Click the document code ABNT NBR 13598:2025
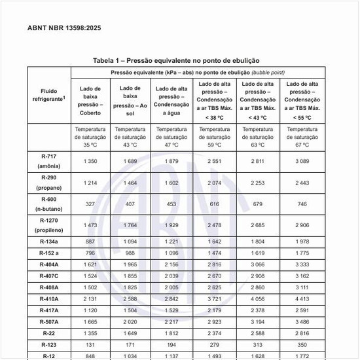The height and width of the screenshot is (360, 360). coord(64,28)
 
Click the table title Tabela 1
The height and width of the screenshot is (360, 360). coord(176,60)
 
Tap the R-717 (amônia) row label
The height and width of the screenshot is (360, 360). coord(49,161)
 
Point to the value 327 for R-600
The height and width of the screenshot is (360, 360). coord(90,204)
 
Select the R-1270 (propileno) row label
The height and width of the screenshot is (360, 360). coord(49,225)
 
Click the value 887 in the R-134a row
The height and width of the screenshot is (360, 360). coord(90,242)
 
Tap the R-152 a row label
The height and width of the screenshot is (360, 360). coord(49,253)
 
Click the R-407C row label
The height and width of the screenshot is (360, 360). coord(49,276)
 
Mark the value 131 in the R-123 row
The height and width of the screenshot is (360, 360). coord(90,344)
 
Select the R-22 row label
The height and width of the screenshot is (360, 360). coord(49,333)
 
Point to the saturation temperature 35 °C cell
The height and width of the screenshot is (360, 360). coord(90,137)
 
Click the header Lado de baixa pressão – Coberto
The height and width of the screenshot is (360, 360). coord(90,100)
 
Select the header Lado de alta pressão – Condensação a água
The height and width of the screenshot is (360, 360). coord(171,100)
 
